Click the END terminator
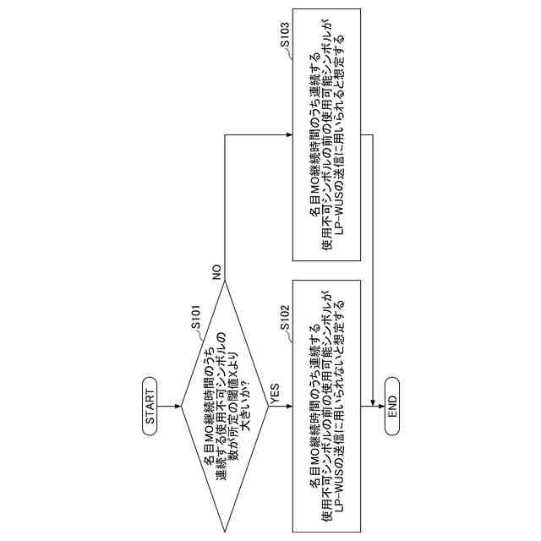(x=392, y=405)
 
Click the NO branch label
(x=217, y=272)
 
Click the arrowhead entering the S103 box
(x=289, y=135)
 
